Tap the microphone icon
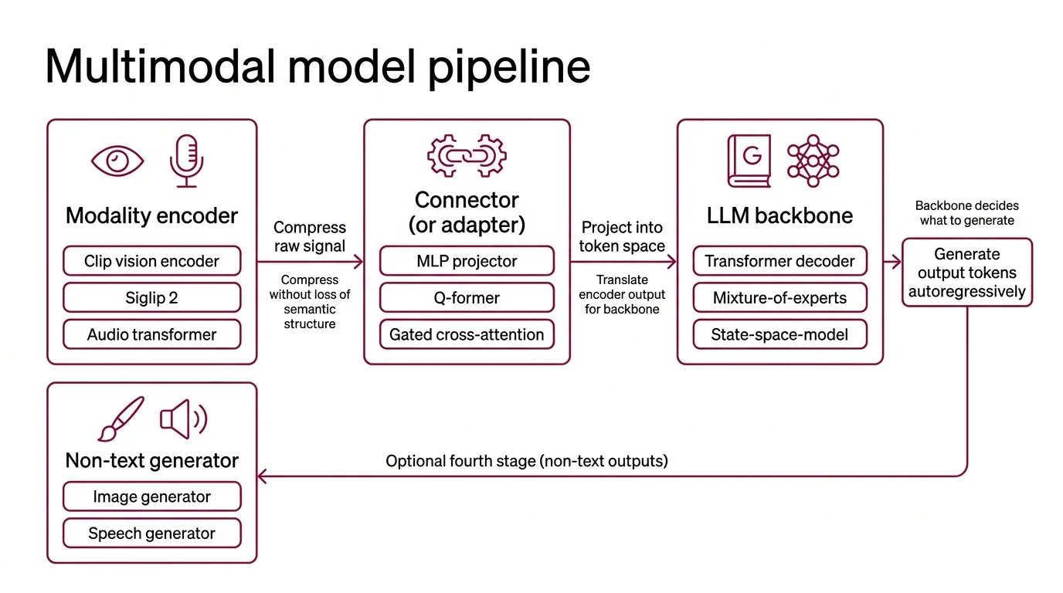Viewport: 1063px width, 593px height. coord(186,161)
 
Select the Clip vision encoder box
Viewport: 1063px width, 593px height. coord(151,261)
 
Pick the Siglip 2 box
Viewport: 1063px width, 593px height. coord(151,298)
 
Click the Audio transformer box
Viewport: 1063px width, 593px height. coord(151,334)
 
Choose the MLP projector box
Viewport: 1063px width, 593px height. coord(467,261)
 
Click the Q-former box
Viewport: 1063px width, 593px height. coord(467,298)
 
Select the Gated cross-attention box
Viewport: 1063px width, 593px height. coord(467,334)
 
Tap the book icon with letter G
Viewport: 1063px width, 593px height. coord(749,161)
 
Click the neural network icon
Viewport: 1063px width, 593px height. coord(813,161)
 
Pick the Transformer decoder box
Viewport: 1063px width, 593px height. coord(779,261)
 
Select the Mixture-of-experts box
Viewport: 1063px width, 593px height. coord(779,298)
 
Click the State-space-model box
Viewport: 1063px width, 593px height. coord(779,334)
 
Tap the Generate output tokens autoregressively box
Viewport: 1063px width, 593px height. coord(966,273)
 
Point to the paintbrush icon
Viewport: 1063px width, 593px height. coord(121,418)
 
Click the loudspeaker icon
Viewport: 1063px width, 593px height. coord(183,418)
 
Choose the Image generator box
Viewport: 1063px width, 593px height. coord(151,496)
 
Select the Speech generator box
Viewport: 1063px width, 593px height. coord(151,533)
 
